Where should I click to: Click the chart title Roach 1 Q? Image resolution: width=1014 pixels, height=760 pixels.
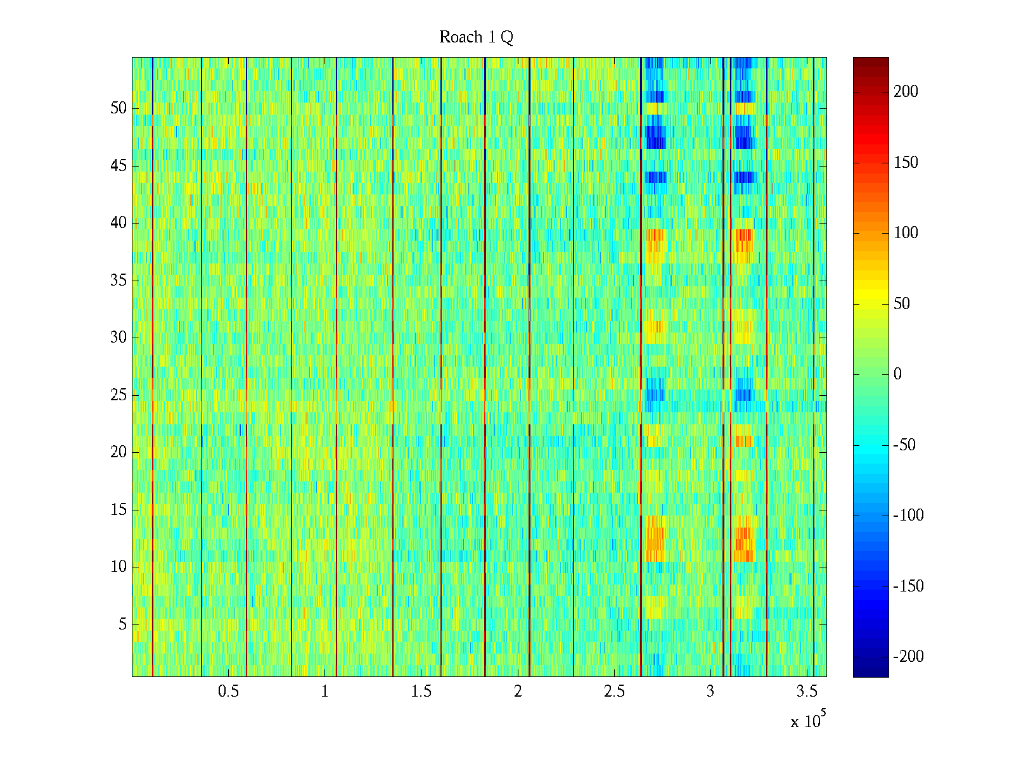[476, 37]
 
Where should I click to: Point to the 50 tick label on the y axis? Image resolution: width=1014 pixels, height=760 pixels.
[119, 108]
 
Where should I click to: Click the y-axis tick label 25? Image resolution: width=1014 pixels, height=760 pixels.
[119, 395]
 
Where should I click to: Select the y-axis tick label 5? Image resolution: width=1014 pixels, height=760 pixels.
[122, 624]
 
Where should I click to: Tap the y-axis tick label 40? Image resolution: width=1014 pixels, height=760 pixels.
[119, 223]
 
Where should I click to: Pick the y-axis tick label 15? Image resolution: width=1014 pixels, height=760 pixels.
[119, 510]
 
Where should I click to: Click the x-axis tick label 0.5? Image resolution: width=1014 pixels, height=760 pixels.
[228, 692]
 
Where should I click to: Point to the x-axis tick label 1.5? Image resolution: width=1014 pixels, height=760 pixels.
[421, 692]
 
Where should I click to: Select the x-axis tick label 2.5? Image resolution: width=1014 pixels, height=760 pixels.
[614, 692]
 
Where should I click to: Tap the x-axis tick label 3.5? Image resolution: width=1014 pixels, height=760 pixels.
[807, 692]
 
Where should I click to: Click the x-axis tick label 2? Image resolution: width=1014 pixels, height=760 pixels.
[518, 692]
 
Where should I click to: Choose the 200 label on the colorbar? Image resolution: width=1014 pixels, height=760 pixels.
[906, 92]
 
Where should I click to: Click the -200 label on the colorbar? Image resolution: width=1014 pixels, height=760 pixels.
[908, 657]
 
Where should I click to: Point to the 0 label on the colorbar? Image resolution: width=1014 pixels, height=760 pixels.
[897, 374]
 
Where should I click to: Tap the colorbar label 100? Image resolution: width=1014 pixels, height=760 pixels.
[906, 233]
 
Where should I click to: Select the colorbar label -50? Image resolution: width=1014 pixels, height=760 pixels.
[904, 445]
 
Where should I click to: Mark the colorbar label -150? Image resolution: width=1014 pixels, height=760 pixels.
[908, 586]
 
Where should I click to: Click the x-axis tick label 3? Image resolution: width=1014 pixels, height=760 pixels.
[710, 692]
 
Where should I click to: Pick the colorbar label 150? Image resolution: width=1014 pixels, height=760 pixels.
[906, 163]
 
